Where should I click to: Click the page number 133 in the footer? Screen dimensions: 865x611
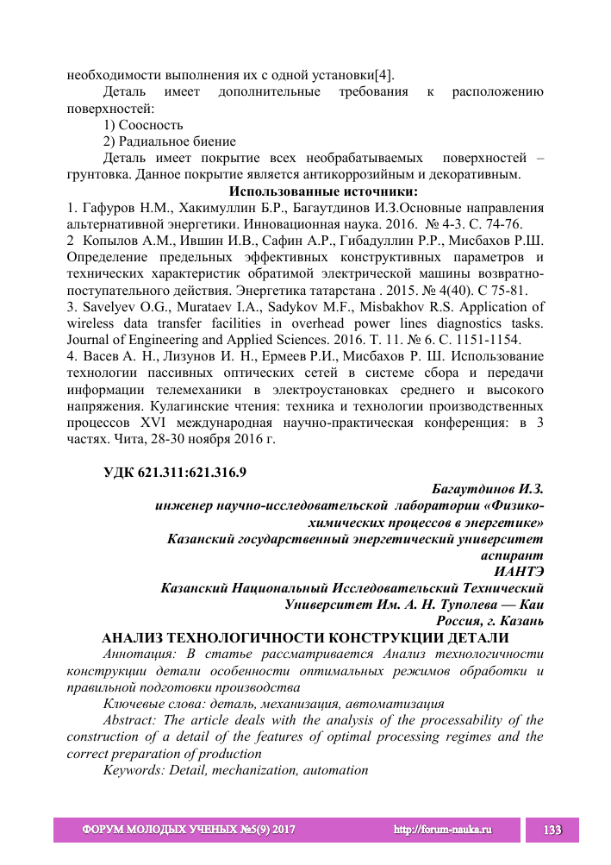pos(552,830)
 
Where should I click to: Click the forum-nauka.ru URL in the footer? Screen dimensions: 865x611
pos(442,830)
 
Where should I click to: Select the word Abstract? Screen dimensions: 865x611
pos(129,719)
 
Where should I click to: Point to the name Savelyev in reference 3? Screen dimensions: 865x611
pos(109,306)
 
